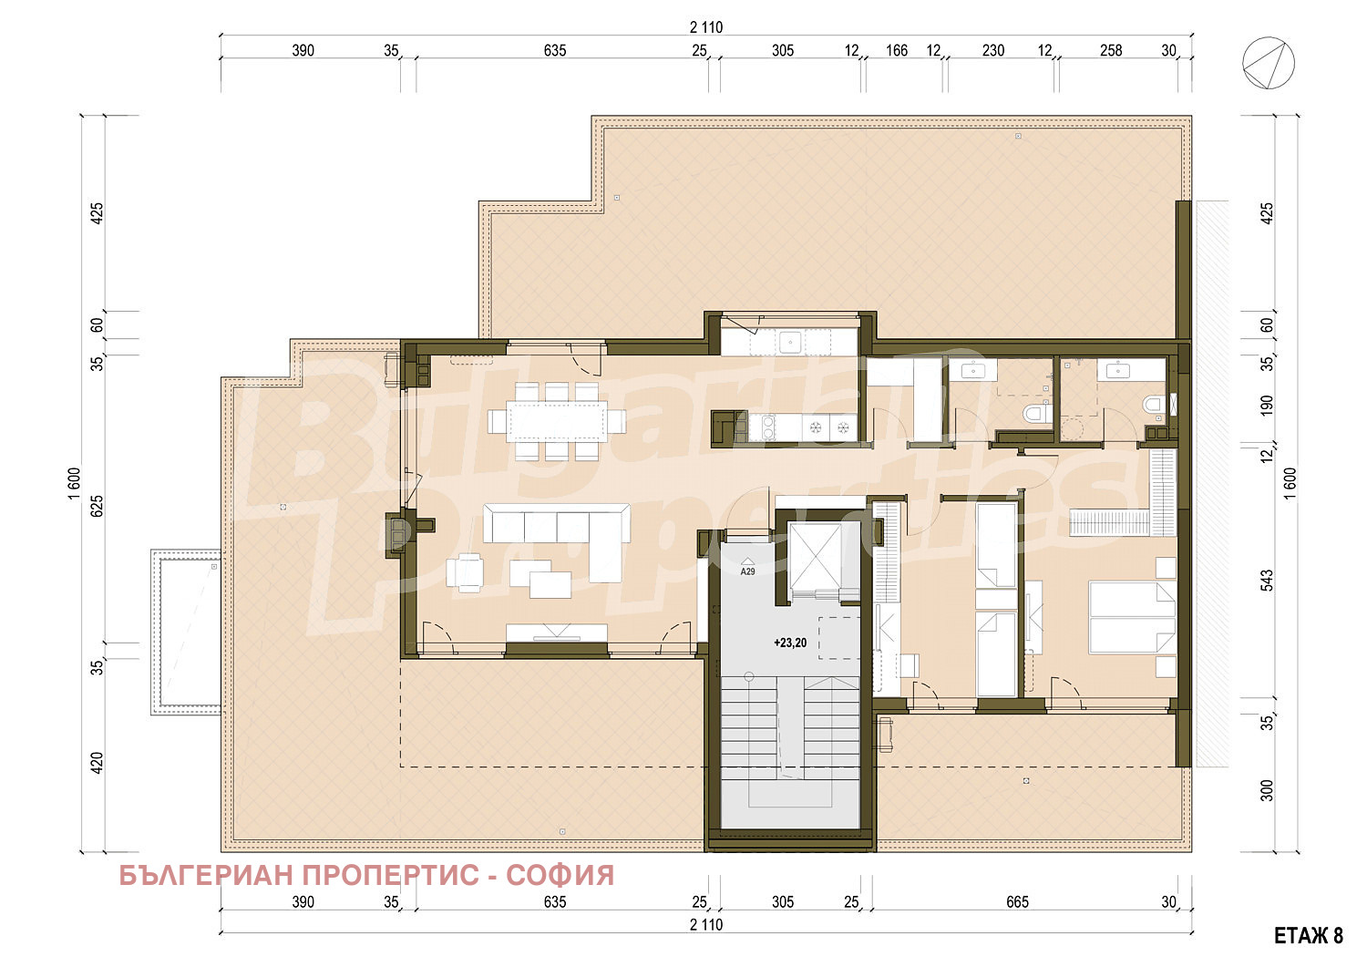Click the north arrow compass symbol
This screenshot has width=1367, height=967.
pyautogui.click(x=1269, y=63)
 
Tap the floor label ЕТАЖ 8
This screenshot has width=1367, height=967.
pyautogui.click(x=1309, y=936)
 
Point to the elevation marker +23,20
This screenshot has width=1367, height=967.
pyautogui.click(x=790, y=643)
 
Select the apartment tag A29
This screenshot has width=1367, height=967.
pyautogui.click(x=747, y=571)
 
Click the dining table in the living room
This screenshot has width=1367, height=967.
pyautogui.click(x=557, y=421)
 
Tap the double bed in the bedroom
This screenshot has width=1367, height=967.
pyautogui.click(x=1132, y=617)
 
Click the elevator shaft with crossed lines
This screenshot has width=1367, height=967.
pyautogui.click(x=815, y=557)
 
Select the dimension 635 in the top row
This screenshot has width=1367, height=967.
pyautogui.click(x=555, y=50)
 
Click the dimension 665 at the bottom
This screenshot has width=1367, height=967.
pyautogui.click(x=1017, y=901)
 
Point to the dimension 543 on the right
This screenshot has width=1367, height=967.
pyautogui.click(x=1267, y=580)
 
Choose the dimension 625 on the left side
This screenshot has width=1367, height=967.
pyautogui.click(x=97, y=506)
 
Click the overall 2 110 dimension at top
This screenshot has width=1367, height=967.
pyautogui.click(x=706, y=27)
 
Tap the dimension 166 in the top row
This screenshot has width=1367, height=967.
pyautogui.click(x=897, y=50)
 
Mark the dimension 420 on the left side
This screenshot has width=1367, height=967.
pyautogui.click(x=97, y=763)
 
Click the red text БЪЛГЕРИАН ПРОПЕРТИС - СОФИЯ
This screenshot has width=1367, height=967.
pyautogui.click(x=366, y=876)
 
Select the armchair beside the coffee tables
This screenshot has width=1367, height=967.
pyautogui.click(x=465, y=572)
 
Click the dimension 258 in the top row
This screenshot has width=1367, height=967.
pyautogui.click(x=1111, y=50)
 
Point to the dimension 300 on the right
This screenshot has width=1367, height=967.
pyautogui.click(x=1267, y=790)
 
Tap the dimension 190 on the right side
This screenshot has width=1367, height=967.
pyautogui.click(x=1267, y=406)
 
